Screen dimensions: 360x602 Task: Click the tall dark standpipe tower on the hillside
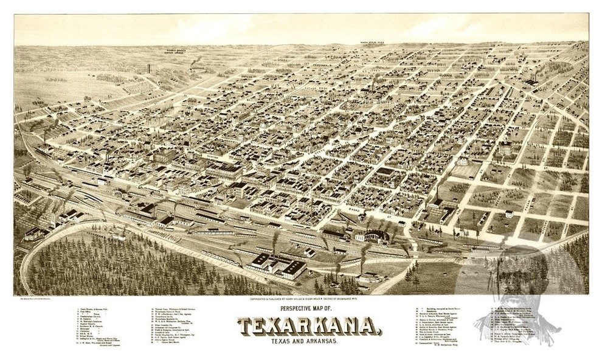[148, 69]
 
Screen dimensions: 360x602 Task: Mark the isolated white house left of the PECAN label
[508, 213]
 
